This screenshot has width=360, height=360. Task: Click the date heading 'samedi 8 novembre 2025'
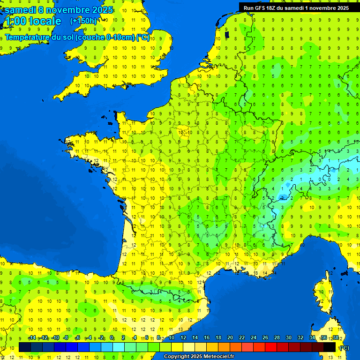[x=59, y=10]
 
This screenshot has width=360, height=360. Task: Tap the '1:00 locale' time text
[x=32, y=21]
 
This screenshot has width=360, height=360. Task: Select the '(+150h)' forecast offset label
[x=83, y=21]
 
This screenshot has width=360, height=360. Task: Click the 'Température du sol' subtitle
[x=77, y=37]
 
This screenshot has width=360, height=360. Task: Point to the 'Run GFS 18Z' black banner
[x=296, y=7]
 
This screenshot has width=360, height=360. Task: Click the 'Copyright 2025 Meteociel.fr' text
[x=199, y=356]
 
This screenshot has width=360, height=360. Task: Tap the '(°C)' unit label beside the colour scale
[x=344, y=348]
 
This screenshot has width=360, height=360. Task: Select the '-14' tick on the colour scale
[x=32, y=338]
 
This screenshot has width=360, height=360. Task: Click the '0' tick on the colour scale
[x=112, y=338]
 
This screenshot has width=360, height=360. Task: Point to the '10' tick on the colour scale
[x=171, y=338]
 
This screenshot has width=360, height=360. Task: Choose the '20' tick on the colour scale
[x=230, y=338]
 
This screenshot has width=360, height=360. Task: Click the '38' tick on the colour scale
[x=335, y=338]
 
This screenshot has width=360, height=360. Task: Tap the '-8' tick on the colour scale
[x=66, y=338]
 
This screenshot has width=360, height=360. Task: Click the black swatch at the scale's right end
[x=330, y=347]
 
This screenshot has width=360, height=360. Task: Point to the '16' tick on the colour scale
[x=206, y=338]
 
